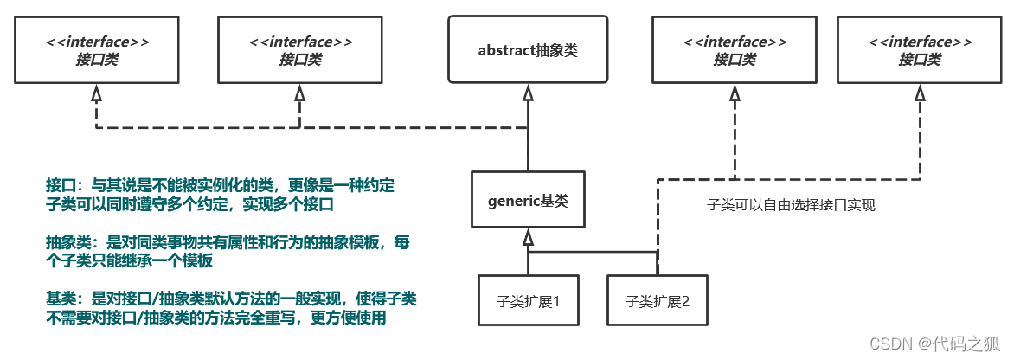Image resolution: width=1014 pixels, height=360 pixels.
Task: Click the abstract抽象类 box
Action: [x=528, y=49]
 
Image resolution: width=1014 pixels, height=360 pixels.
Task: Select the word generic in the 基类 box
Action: [x=509, y=201]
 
